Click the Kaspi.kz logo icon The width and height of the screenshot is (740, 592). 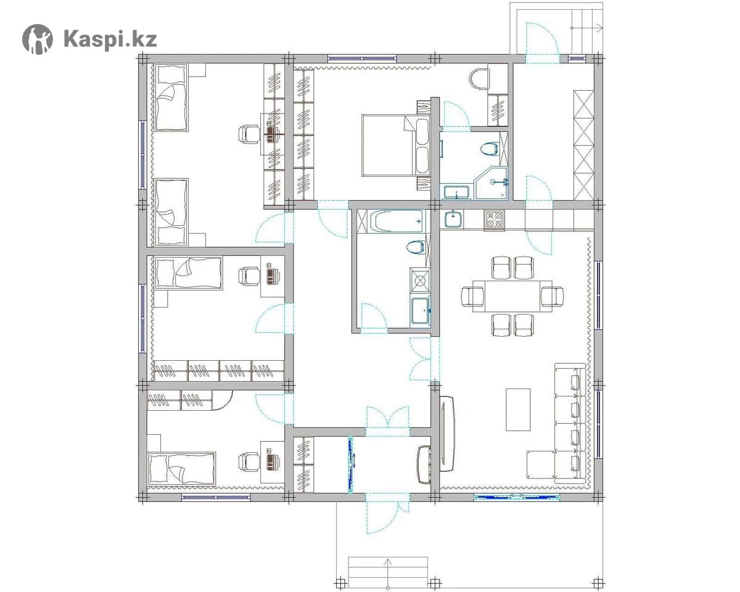tap(38, 39)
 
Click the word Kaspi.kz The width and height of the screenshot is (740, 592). tap(110, 39)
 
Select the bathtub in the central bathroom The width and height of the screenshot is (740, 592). tap(397, 221)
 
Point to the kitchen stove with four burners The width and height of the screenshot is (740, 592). tap(495, 220)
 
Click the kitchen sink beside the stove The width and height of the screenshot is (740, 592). tap(454, 219)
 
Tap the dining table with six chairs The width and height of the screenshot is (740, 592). tap(512, 296)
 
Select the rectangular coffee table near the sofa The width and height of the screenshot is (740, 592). tap(518, 409)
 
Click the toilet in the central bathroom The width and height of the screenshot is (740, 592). tap(416, 247)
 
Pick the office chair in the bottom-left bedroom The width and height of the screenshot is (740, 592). tap(249, 461)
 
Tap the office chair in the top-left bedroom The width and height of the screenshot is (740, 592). tap(249, 134)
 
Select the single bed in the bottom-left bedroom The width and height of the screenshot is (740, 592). tap(181, 468)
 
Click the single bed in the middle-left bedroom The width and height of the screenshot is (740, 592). tap(189, 273)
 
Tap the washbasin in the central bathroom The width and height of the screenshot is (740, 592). tap(420, 311)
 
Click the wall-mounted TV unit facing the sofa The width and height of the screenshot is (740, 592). tap(447, 434)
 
